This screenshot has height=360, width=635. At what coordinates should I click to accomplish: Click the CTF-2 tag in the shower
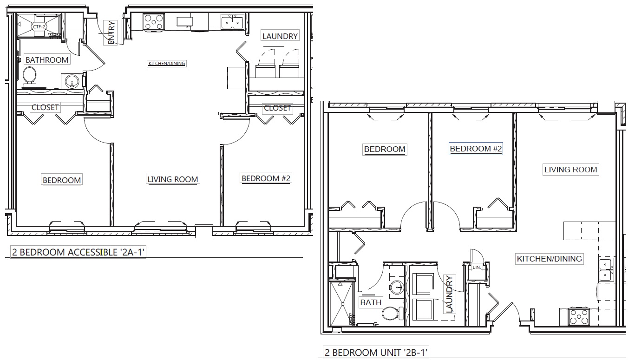39,26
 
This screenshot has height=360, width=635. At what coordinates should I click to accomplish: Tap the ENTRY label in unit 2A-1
111,33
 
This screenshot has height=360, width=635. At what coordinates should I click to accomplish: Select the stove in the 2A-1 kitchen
154,22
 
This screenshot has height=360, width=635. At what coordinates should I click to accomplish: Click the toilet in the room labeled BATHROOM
29,77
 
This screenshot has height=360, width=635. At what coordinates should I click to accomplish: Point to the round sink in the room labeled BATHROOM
72,81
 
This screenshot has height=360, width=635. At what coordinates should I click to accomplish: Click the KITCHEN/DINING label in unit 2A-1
167,64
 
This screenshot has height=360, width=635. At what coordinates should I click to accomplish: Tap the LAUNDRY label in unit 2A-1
280,36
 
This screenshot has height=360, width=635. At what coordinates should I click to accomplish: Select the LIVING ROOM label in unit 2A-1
173,179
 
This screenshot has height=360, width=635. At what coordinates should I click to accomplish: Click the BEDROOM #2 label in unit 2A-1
266,178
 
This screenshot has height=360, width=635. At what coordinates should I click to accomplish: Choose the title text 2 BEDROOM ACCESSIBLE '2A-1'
78,252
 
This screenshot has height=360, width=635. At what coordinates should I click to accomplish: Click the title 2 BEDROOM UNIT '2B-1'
376,353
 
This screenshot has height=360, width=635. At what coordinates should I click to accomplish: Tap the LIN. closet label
477,267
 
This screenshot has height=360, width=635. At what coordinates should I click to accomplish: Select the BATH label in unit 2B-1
371,302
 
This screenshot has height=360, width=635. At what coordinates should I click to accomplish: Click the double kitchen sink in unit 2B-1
606,269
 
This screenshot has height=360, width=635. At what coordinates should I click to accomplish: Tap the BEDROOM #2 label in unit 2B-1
476,149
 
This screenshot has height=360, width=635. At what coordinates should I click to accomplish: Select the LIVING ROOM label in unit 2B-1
570,170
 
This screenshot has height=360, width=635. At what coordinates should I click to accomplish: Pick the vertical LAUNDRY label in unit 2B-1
450,294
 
